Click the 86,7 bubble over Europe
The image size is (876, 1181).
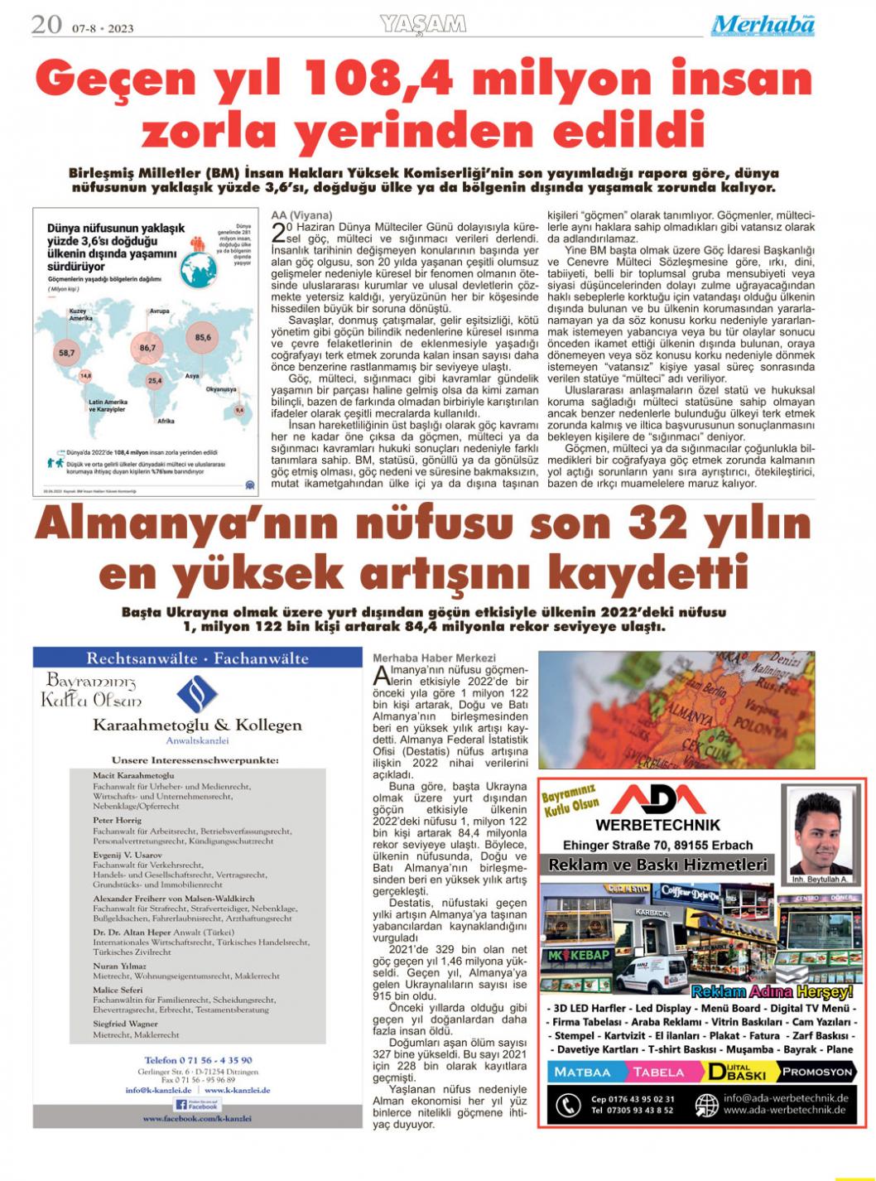click(x=148, y=348)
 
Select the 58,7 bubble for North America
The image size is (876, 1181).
click(x=66, y=353)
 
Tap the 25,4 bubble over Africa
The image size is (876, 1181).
click(x=154, y=382)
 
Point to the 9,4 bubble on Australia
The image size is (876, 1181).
click(x=239, y=409)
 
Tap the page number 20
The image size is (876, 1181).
click(x=46, y=25)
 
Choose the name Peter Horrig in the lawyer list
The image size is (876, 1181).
click(x=117, y=820)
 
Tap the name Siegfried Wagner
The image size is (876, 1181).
click(x=125, y=1024)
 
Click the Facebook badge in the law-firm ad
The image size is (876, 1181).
click(x=197, y=1105)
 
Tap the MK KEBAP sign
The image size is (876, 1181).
click(x=579, y=955)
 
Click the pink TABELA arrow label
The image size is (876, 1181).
click(x=659, y=1072)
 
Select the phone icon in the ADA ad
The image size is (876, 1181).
click(x=566, y=1105)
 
